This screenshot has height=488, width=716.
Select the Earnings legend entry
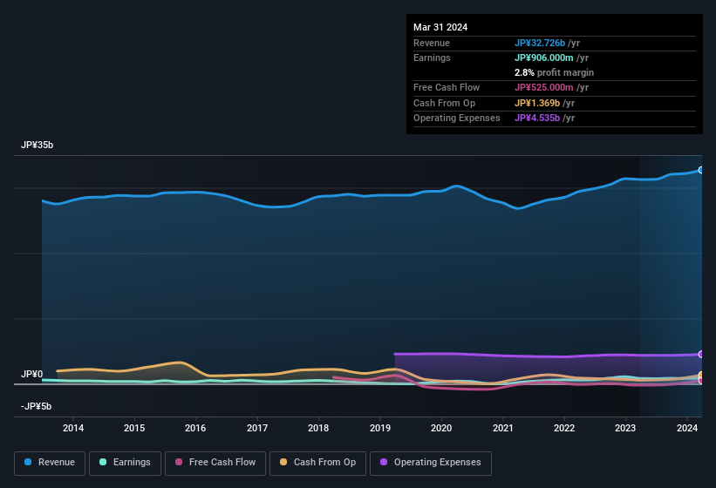point(124,463)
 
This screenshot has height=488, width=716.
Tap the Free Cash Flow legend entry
point(216,463)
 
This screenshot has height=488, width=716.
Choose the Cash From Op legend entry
point(318,463)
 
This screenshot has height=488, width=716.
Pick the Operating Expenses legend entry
point(431,463)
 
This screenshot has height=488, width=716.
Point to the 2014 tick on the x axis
point(73,428)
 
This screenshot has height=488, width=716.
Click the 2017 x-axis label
point(257,428)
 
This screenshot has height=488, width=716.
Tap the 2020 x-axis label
point(441,428)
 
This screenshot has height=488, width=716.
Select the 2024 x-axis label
point(686,428)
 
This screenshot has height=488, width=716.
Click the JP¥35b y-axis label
point(38,146)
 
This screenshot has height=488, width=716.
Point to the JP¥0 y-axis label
point(31,375)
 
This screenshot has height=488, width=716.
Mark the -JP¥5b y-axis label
point(36,407)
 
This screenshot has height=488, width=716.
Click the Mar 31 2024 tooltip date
point(440,27)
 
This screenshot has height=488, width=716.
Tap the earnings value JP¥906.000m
point(551,58)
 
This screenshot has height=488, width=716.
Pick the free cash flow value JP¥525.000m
point(551,87)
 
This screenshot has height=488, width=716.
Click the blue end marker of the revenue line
point(701,170)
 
